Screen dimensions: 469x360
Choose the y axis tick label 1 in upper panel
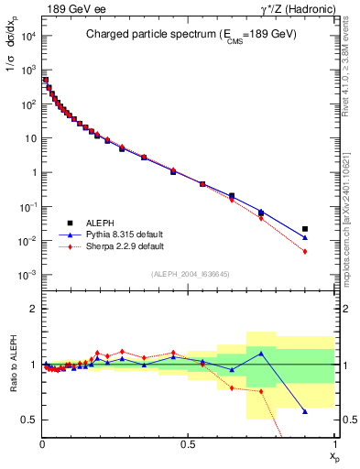click(33, 172)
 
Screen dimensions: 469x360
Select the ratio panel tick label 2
click(32, 310)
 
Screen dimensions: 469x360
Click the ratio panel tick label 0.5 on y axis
click(28, 420)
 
